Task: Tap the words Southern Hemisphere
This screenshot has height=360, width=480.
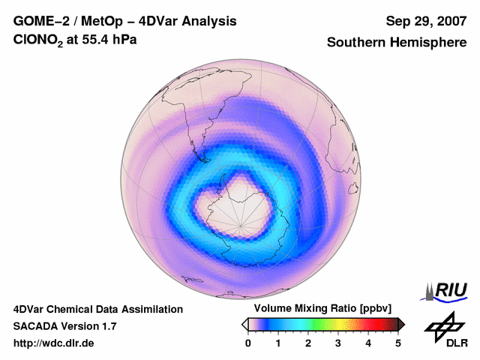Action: click(397, 43)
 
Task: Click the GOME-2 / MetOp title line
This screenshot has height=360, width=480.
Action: click(125, 21)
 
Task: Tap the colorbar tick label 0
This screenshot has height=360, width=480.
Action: click(248, 343)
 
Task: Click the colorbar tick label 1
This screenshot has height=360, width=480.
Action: click(278, 343)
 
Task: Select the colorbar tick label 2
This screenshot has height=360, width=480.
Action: click(308, 343)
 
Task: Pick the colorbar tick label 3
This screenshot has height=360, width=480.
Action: click(338, 343)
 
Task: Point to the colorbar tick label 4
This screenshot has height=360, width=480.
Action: click(368, 343)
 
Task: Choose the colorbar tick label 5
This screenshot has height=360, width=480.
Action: click(398, 343)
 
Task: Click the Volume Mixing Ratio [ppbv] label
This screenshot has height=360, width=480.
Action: click(322, 309)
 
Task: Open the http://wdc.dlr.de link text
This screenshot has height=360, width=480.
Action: click(54, 343)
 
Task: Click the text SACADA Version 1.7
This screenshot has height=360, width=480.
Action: click(64, 326)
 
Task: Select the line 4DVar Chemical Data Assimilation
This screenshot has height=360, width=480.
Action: click(97, 309)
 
